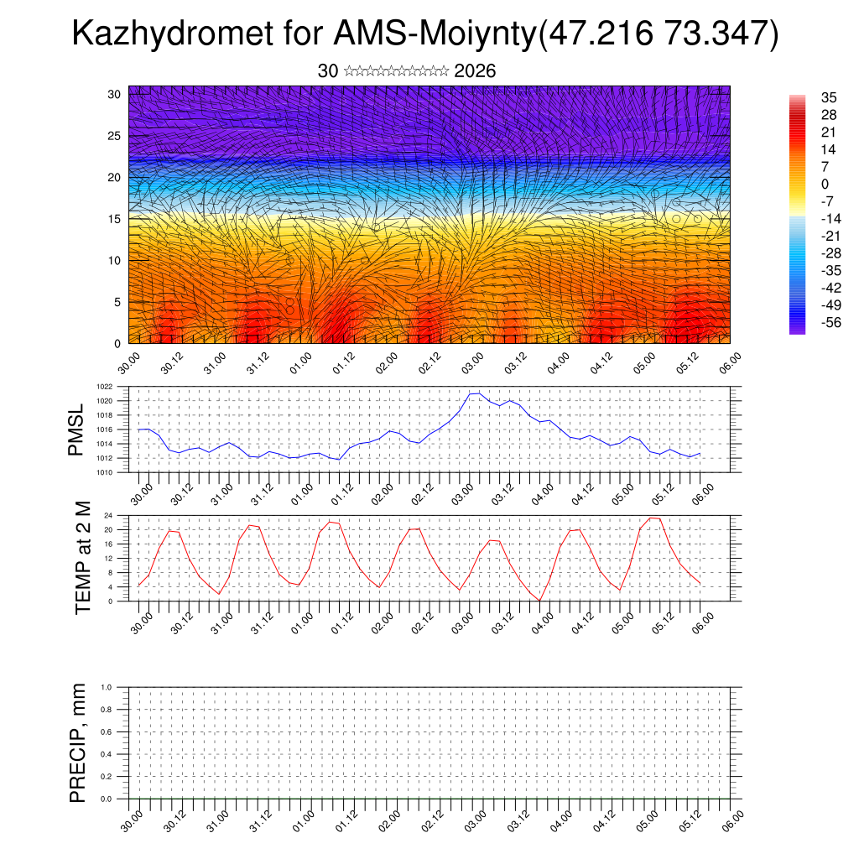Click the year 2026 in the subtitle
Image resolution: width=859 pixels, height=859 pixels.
pos(475,71)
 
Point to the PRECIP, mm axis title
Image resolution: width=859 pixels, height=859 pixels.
pos(78,742)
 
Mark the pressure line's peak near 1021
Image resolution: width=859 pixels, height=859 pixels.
pos(477,393)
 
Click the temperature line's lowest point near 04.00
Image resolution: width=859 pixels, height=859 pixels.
pos(541,600)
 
